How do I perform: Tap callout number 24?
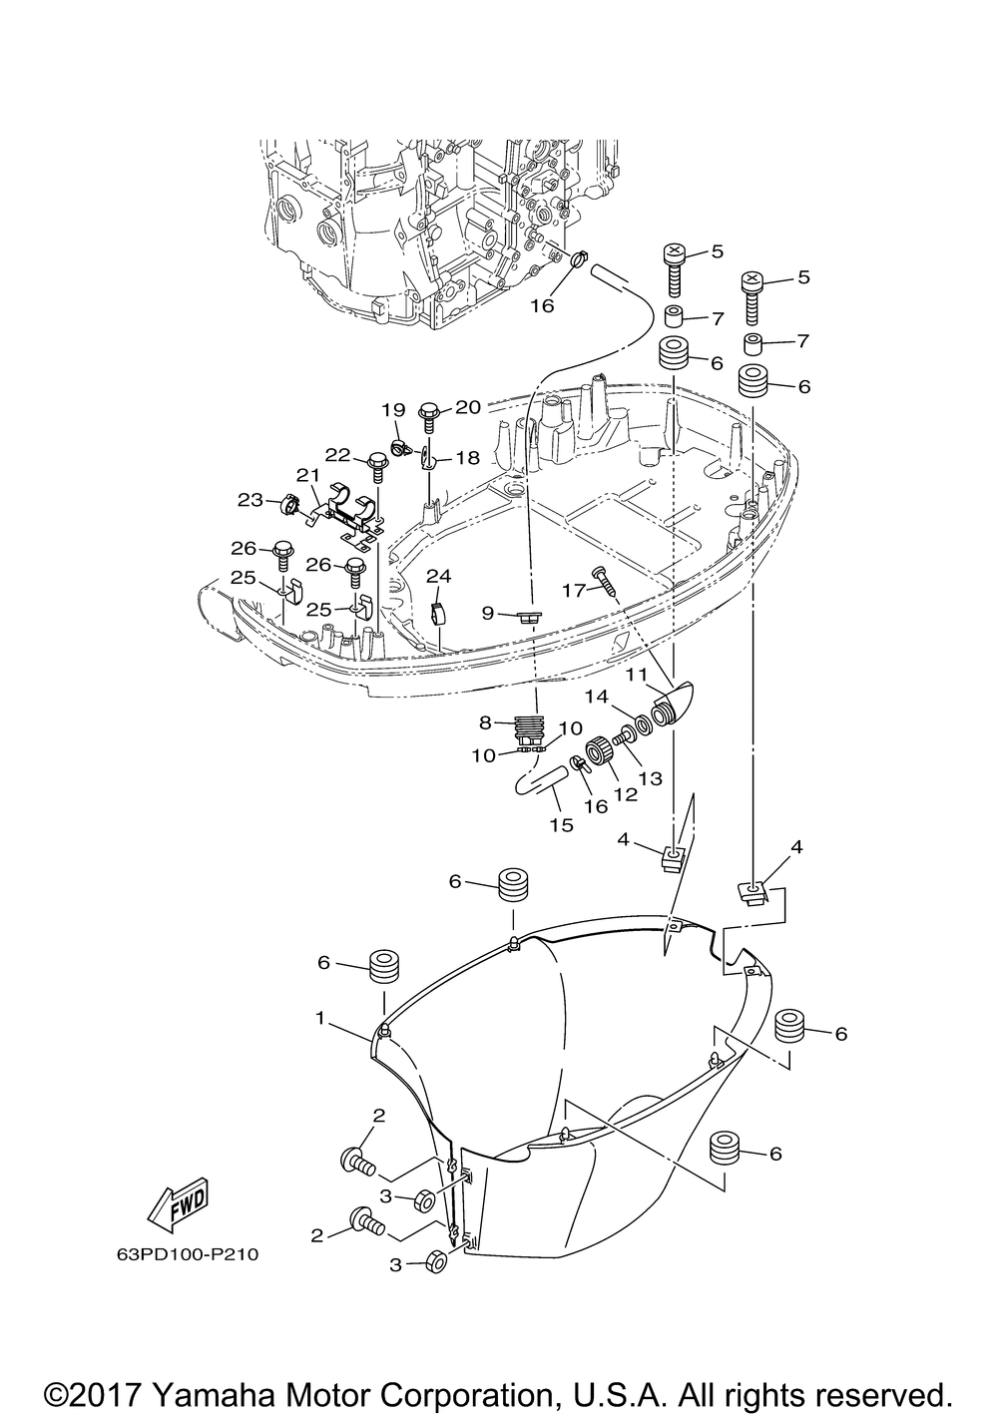pos(438,576)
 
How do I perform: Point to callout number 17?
pos(574,590)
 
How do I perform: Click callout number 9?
pos(487,613)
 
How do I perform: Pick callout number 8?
pos(485,721)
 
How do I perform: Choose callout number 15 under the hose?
pos(562,824)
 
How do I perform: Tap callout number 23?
pos(249,500)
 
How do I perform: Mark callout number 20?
pos(469,406)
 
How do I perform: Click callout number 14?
pos(597,698)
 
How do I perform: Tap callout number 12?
pos(626,793)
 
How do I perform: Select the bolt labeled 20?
pos(427,417)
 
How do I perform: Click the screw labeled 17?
pos(605,581)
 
